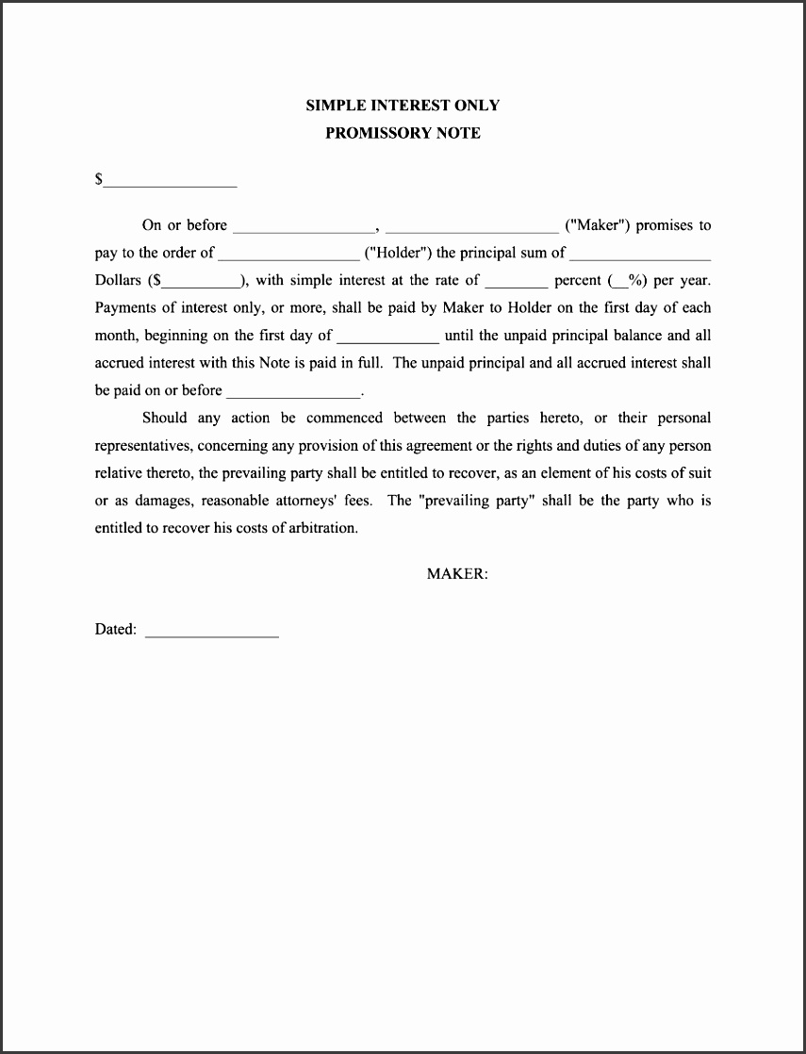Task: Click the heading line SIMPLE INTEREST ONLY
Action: coord(403,106)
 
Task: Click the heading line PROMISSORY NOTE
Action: coord(403,133)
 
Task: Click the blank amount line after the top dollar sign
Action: coord(170,181)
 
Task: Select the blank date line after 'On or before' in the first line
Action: coord(304,227)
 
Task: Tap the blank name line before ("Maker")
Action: coord(471,227)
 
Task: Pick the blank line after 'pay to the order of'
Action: coord(288,255)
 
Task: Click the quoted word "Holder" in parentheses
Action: coord(397,253)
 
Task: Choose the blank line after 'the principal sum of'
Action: coord(640,255)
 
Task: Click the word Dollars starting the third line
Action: coord(118,280)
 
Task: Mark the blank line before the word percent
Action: coord(516,282)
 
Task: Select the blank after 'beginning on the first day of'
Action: coord(387,338)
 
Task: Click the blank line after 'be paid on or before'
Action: coord(293,392)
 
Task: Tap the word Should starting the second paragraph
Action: coord(165,418)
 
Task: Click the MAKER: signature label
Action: coord(457,573)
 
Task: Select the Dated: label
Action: coord(116,630)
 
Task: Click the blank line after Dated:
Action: coord(212,634)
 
